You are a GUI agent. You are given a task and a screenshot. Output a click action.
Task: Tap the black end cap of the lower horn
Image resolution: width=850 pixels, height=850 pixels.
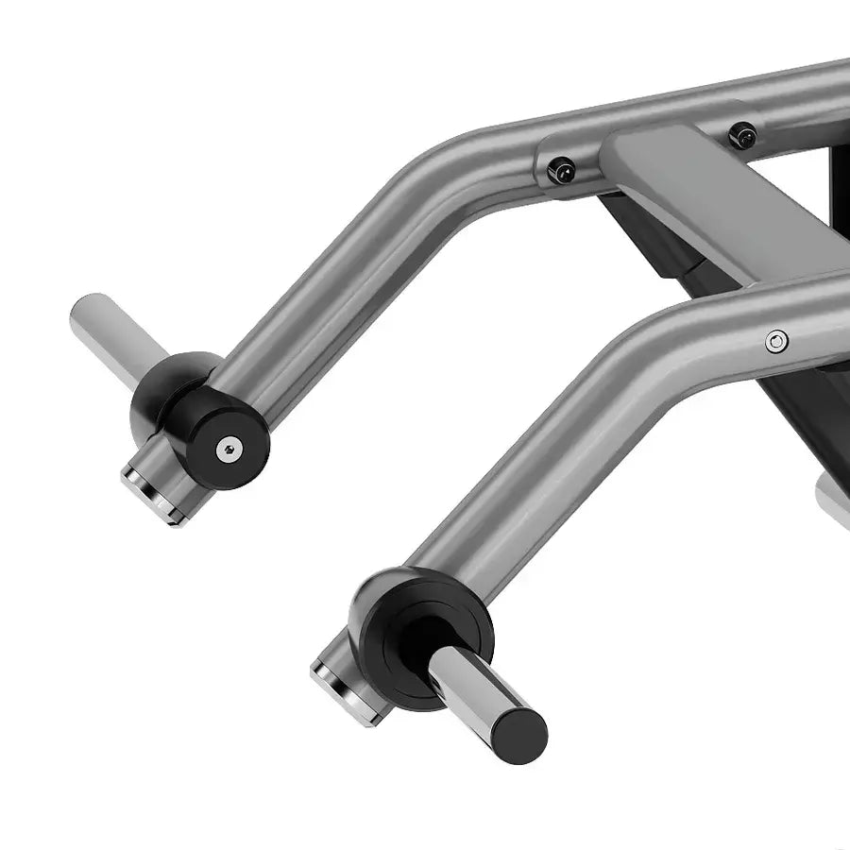tap(520, 728)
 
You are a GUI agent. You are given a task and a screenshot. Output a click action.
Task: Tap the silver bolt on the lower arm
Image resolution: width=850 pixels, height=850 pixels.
tap(776, 341)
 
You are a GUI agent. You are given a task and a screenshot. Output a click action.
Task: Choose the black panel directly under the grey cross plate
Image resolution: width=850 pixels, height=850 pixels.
tap(652, 246)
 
